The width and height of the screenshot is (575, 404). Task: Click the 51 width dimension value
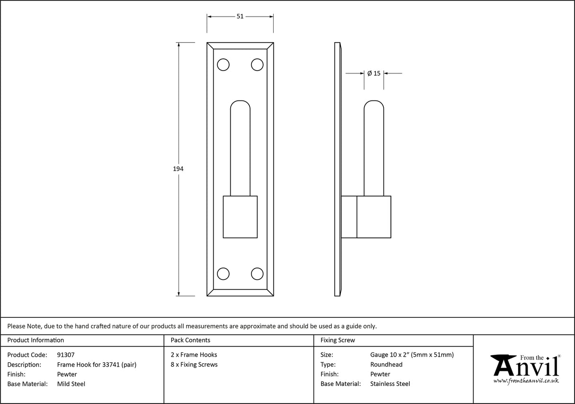click(x=240, y=16)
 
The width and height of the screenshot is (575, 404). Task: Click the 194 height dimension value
click(x=178, y=169)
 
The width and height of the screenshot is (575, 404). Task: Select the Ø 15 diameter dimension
click(x=374, y=73)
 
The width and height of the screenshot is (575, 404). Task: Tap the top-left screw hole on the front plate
click(x=223, y=64)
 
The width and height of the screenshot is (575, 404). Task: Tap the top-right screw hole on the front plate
click(x=257, y=64)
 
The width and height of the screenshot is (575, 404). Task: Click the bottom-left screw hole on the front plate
click(x=223, y=274)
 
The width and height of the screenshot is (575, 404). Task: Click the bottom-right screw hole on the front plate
click(x=257, y=274)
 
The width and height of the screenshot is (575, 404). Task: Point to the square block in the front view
click(x=240, y=216)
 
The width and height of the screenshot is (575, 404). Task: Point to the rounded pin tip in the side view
click(x=374, y=107)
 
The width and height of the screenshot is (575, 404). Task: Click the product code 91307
click(x=65, y=355)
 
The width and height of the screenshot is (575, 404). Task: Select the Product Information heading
click(x=36, y=340)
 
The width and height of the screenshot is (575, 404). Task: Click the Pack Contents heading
click(x=190, y=340)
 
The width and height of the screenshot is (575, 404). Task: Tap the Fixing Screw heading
click(x=338, y=340)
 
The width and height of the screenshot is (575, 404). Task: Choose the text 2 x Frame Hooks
click(x=194, y=355)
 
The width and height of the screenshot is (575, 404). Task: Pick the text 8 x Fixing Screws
click(x=194, y=365)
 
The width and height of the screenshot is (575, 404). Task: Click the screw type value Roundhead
click(x=386, y=365)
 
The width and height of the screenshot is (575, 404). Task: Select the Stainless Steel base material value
click(x=390, y=384)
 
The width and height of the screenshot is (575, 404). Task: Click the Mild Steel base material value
click(x=71, y=384)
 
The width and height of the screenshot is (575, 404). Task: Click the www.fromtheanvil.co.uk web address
click(x=526, y=381)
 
